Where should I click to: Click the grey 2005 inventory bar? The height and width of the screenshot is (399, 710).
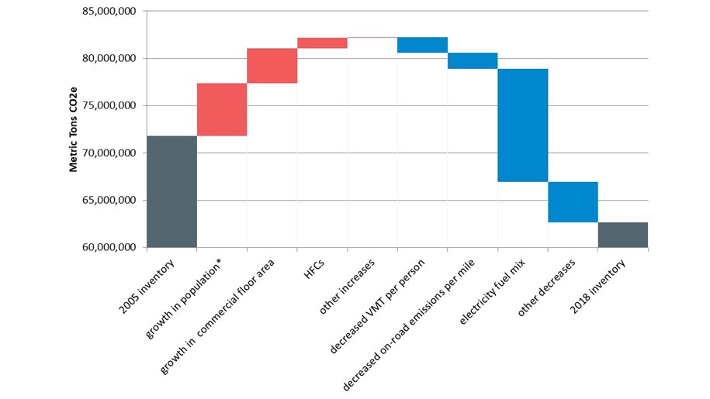click(171, 191)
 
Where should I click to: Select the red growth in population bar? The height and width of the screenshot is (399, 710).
click(222, 109)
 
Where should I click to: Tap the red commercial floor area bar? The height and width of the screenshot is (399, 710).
click(272, 66)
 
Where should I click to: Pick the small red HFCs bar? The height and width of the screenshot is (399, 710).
click(322, 43)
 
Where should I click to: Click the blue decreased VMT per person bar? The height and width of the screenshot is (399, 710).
click(422, 45)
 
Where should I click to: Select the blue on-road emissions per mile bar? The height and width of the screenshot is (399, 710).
click(473, 60)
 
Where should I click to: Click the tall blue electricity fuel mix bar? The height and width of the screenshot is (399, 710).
click(522, 126)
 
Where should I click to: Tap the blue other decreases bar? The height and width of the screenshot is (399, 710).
click(573, 202)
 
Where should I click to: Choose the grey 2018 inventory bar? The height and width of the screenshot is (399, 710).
click(622, 235)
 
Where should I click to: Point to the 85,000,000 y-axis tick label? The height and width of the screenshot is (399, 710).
click(109, 12)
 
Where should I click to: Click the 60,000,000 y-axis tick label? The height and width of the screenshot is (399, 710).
click(109, 248)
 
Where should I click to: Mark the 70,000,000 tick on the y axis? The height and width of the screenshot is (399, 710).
click(109, 153)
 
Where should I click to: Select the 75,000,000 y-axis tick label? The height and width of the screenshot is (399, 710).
click(109, 106)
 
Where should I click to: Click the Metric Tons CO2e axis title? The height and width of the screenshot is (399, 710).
click(74, 129)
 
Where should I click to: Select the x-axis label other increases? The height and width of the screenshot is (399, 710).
click(348, 284)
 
